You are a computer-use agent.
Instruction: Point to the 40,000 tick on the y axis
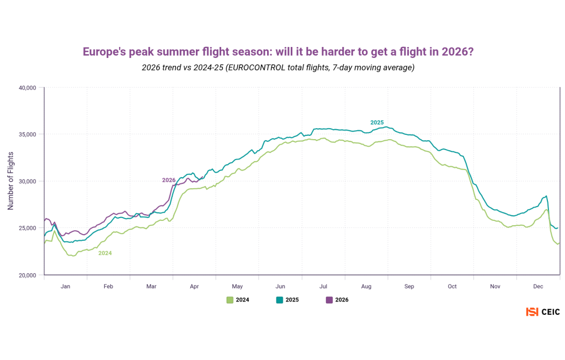coord(28,88)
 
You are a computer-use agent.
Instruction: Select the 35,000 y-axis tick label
coord(28,134)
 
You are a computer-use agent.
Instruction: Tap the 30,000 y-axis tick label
coord(28,181)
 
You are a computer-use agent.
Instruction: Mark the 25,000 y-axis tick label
coord(28,228)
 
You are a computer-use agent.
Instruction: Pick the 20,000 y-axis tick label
coord(28,275)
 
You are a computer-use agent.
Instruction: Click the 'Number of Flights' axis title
coord(10,181)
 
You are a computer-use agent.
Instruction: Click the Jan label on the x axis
coord(65,287)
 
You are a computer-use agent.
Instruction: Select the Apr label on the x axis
coord(194,287)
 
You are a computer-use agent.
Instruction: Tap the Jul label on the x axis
coord(323,287)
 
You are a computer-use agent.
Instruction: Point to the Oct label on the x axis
coord(452,287)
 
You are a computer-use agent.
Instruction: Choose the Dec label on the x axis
coord(539,287)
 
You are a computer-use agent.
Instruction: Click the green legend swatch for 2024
coord(230,300)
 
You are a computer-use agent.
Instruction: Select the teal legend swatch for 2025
coord(279,300)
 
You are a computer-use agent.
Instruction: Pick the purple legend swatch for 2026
coord(329,300)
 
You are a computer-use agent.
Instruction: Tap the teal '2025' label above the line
coord(377,123)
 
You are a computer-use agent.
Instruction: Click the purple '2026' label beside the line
coord(169,180)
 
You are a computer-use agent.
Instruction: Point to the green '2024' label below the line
coord(105,253)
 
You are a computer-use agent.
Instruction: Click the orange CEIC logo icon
coord(532,312)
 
